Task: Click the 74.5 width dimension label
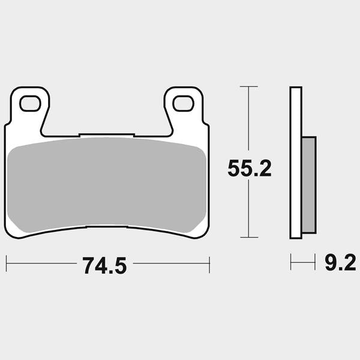point(104,265)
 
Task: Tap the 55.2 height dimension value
point(250,168)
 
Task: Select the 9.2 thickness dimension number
point(340,263)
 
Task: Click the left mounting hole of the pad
point(30,104)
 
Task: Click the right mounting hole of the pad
point(183,104)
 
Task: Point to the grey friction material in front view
point(107,185)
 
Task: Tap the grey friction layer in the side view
point(309,185)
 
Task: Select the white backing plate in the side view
point(296,163)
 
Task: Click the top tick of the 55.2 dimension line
point(249,86)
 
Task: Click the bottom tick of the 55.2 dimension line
point(249,237)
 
